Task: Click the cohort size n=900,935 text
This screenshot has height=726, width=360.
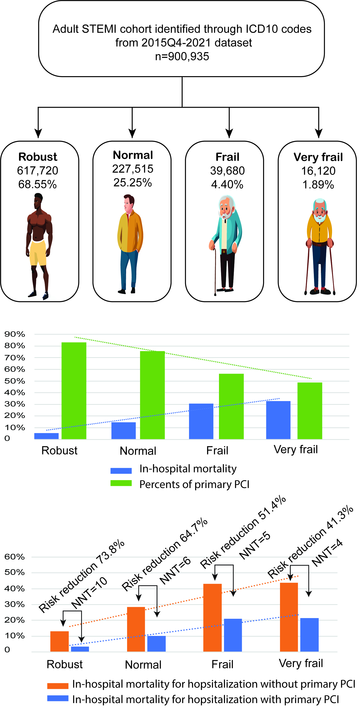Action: [x=182, y=56]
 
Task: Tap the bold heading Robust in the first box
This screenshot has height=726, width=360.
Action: [x=38, y=157]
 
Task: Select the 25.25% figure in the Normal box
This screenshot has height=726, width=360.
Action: [x=133, y=183]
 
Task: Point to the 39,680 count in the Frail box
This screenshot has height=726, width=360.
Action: [x=227, y=171]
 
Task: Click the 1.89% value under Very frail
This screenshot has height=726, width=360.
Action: [x=318, y=185]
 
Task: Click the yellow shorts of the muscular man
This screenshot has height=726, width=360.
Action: [x=38, y=252]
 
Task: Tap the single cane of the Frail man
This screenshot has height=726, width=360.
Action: [x=215, y=271]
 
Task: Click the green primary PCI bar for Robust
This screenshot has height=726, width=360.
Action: [x=74, y=390]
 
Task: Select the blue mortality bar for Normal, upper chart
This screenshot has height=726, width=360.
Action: [x=123, y=430]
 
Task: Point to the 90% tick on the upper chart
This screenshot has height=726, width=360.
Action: [x=15, y=334]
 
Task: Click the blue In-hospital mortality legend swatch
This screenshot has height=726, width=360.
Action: [x=121, y=470]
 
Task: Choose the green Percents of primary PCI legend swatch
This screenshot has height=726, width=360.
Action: [x=121, y=483]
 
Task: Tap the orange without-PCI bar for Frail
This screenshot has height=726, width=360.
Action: [x=212, y=617]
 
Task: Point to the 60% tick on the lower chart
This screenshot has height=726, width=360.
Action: [x=15, y=557]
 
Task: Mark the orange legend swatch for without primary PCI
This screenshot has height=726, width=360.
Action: [x=58, y=686]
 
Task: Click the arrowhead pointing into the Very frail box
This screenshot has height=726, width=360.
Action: [x=319, y=133]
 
